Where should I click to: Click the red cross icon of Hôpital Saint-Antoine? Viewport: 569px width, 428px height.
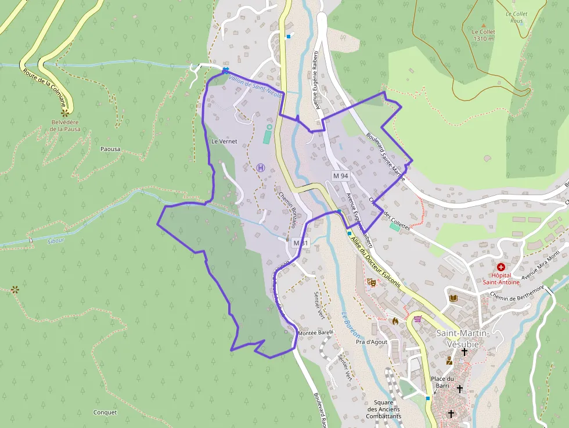500,266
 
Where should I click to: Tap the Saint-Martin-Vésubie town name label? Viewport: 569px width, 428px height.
463,338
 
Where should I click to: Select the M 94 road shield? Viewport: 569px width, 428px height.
340,175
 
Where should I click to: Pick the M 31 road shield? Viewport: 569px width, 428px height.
301,243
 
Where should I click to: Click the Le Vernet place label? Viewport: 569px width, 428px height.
224,141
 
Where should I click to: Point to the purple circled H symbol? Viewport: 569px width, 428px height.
261,168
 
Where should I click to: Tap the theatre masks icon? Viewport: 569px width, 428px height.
372,282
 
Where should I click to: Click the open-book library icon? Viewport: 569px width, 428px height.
453,298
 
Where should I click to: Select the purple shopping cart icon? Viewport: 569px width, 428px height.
417,319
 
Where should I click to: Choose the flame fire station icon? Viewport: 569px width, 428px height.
395,320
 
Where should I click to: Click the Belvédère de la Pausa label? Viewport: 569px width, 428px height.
64,125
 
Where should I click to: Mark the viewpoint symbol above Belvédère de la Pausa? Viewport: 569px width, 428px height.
66,112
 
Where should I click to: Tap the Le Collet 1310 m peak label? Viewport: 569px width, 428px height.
483,35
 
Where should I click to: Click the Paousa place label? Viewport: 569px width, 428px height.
110,149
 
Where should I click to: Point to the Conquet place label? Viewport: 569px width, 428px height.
105,412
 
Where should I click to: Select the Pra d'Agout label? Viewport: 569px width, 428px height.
371,342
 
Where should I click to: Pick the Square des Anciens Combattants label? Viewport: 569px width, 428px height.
384,409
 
